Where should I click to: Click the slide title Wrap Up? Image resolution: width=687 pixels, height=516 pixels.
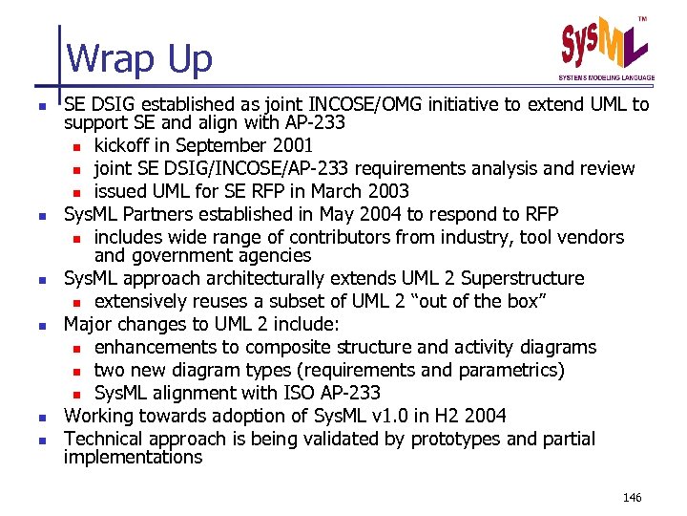pyautogui.click(x=139, y=59)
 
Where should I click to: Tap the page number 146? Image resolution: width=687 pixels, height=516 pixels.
pyautogui.click(x=632, y=497)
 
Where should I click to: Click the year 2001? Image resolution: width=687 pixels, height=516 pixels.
pyautogui.click(x=291, y=145)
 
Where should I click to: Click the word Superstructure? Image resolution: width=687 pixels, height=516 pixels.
pyautogui.click(x=522, y=278)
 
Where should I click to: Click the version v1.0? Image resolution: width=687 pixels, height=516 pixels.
pyautogui.click(x=374, y=416)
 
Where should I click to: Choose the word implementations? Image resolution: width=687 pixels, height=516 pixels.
pyautogui.click(x=133, y=457)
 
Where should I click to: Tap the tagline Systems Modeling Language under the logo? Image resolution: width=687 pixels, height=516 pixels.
pyautogui.click(x=606, y=77)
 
